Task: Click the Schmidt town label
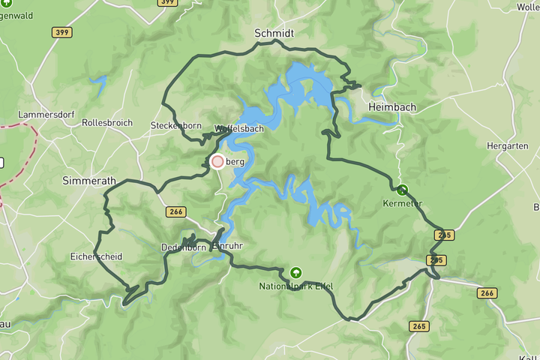click(274, 34)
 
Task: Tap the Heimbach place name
click(392, 108)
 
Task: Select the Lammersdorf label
click(43, 115)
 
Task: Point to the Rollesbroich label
click(107, 122)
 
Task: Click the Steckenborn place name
click(176, 125)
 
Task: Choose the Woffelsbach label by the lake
click(238, 129)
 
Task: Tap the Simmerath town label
click(89, 181)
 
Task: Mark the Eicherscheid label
click(97, 256)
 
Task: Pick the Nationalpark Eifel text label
click(295, 286)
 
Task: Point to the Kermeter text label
click(403, 203)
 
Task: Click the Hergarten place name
click(507, 146)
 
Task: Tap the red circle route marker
click(217, 161)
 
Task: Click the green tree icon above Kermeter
click(403, 190)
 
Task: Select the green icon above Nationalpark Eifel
click(295, 272)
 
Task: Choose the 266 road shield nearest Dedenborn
click(176, 212)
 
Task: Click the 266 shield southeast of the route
click(486, 293)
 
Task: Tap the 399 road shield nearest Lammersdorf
click(62, 32)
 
